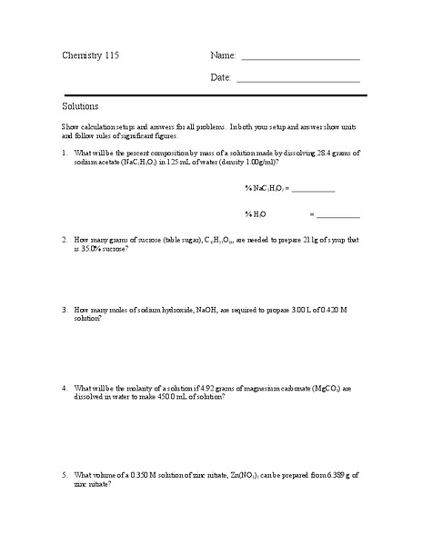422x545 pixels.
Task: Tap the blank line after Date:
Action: (x=300, y=82)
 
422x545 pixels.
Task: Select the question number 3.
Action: (x=65, y=309)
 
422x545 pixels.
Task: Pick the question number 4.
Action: (x=65, y=388)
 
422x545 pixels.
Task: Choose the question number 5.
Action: (x=65, y=475)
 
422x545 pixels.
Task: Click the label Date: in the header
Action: (x=221, y=78)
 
